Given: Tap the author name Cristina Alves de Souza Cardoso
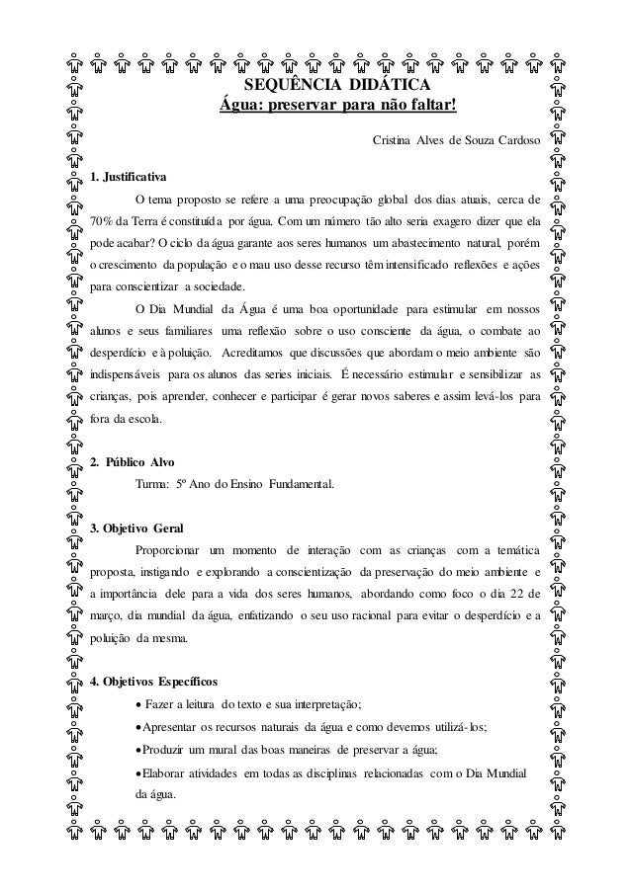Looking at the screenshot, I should pyautogui.click(x=456, y=140).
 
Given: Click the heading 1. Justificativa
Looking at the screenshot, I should pyautogui.click(x=129, y=177).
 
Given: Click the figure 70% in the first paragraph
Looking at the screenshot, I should pyautogui.click(x=103, y=219).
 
